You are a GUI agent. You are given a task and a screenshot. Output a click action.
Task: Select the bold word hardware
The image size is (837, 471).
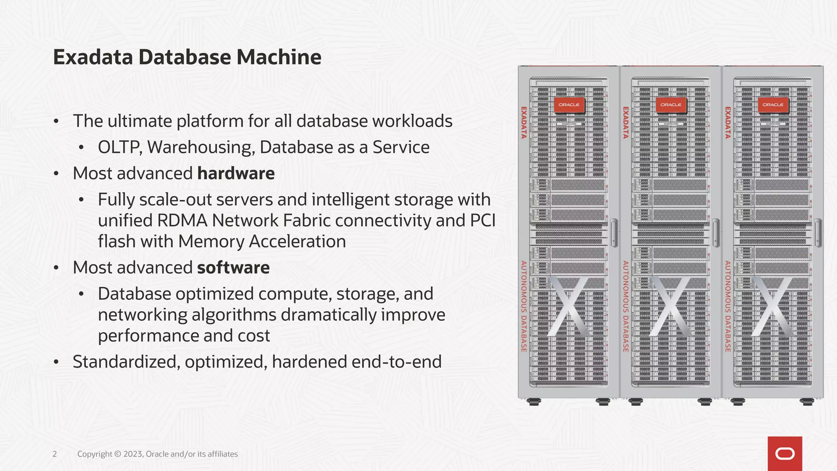click(x=236, y=174)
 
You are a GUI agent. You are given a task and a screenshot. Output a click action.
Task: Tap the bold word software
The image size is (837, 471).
click(x=233, y=268)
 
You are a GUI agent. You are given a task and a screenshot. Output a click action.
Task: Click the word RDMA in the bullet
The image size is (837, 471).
click(x=182, y=221)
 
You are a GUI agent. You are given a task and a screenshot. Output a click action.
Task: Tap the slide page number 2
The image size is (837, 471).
click(x=55, y=454)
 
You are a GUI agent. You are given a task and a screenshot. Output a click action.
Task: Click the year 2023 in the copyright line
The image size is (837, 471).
click(x=133, y=454)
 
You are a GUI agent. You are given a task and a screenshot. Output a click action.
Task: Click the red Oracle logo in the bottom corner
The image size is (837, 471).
click(x=785, y=453)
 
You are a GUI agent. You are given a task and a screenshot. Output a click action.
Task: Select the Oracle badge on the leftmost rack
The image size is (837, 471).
click(x=569, y=105)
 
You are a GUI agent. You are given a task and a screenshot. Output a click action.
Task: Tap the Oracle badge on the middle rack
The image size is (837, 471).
click(x=671, y=105)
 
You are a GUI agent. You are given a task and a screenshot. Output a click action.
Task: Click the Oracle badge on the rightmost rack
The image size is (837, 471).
click(x=773, y=105)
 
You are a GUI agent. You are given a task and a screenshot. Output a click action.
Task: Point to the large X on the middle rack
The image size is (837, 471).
click(x=670, y=307)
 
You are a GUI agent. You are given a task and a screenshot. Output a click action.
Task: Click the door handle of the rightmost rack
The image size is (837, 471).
click(x=818, y=233)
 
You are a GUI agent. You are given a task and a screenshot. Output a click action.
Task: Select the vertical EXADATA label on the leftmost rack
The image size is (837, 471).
click(x=524, y=123)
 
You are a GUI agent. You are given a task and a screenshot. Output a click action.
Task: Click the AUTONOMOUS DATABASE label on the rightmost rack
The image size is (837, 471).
click(x=727, y=307)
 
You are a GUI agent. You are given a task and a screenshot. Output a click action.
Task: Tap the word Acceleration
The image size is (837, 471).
click(x=297, y=242)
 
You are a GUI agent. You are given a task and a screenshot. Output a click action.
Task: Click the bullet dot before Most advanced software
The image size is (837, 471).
click(x=56, y=268)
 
